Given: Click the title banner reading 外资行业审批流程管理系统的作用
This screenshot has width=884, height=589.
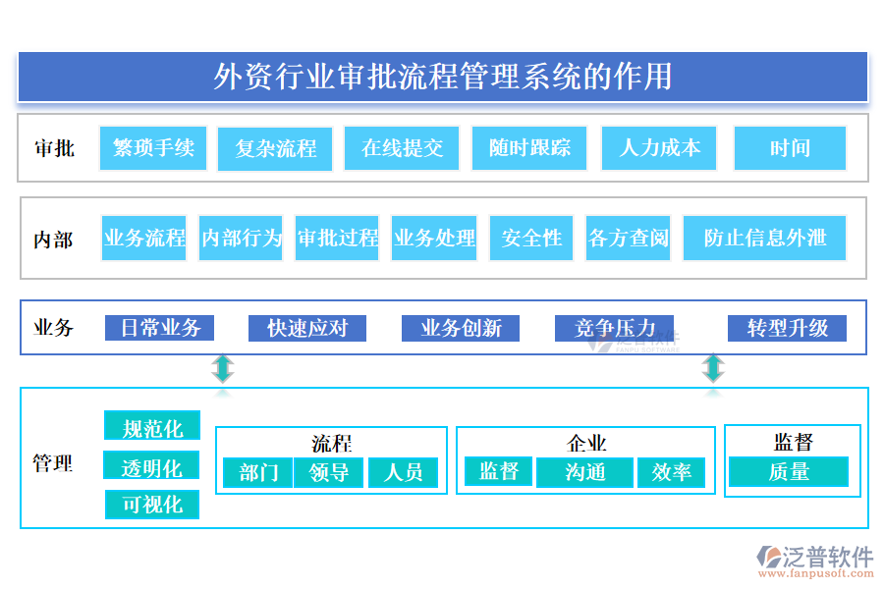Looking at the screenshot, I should [x=443, y=77].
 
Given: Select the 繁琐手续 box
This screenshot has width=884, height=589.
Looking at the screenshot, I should [x=153, y=148].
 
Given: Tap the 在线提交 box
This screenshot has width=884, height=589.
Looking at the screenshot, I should [x=402, y=148].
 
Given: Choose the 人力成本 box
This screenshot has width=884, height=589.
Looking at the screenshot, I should [x=659, y=148].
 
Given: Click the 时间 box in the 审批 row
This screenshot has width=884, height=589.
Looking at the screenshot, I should [x=790, y=148].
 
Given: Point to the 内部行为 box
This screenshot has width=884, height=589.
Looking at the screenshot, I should [x=241, y=239].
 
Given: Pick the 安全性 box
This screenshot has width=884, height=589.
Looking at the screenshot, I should [x=531, y=239].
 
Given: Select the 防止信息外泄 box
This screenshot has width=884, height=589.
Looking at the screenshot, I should [x=764, y=239].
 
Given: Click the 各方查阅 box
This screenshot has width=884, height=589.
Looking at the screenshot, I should [x=628, y=239].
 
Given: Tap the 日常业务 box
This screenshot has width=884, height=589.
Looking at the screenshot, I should [x=160, y=328].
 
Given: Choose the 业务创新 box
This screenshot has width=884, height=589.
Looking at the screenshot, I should [x=461, y=328].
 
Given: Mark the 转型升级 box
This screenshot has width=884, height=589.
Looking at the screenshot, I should [x=787, y=328].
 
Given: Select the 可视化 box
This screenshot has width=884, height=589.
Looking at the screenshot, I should [x=152, y=505].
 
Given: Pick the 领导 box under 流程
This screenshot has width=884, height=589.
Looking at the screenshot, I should [x=329, y=473].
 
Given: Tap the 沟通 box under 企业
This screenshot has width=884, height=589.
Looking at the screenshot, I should [x=585, y=472].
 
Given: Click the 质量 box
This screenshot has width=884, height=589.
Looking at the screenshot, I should [x=789, y=472].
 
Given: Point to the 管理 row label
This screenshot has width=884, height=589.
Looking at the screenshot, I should [x=53, y=463].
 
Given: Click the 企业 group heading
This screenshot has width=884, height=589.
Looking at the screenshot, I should [x=586, y=444].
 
